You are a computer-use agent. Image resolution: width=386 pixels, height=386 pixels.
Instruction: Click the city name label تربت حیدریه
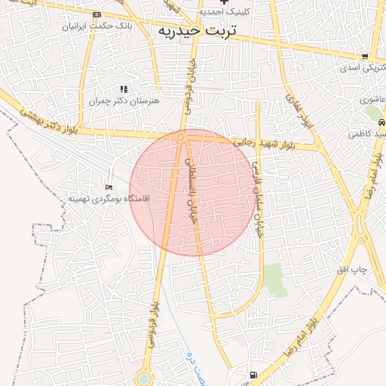point(197,31)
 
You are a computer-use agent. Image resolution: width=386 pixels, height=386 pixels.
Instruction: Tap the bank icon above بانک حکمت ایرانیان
point(96,15)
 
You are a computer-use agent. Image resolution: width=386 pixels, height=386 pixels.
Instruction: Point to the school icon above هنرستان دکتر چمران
point(124,89)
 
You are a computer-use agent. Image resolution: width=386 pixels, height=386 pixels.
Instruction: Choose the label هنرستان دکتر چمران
point(119,100)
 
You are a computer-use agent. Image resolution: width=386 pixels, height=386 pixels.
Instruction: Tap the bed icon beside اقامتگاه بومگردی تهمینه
point(109,187)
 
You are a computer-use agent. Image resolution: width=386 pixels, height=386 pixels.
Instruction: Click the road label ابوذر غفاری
point(296,109)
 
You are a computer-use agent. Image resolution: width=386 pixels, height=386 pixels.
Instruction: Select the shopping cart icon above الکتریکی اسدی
point(365,56)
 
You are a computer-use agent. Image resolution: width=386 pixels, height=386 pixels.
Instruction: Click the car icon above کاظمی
point(381,121)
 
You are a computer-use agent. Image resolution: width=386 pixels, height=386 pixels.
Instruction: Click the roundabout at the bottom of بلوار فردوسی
point(143,377)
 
